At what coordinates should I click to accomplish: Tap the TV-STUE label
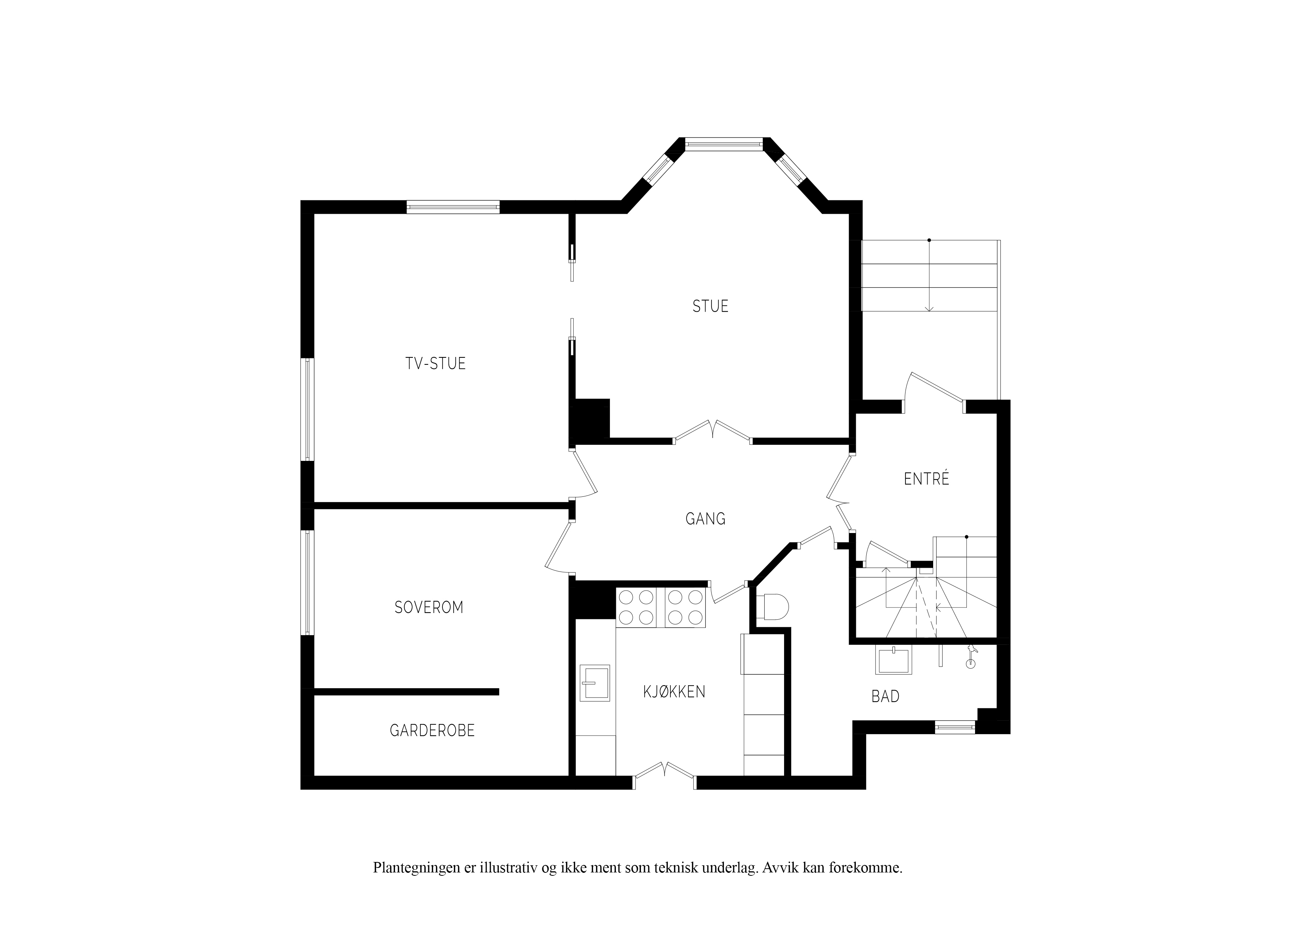click(436, 363)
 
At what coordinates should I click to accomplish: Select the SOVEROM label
click(429, 607)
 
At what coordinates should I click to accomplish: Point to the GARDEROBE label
click(432, 730)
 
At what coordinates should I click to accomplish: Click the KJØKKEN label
click(674, 692)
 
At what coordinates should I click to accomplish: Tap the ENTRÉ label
click(926, 478)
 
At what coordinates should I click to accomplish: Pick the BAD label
click(886, 696)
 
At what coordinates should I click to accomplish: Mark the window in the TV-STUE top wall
click(453, 207)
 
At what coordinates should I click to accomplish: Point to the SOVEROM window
click(307, 583)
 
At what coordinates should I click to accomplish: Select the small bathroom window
click(955, 727)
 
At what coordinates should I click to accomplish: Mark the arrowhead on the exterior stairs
click(929, 309)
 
